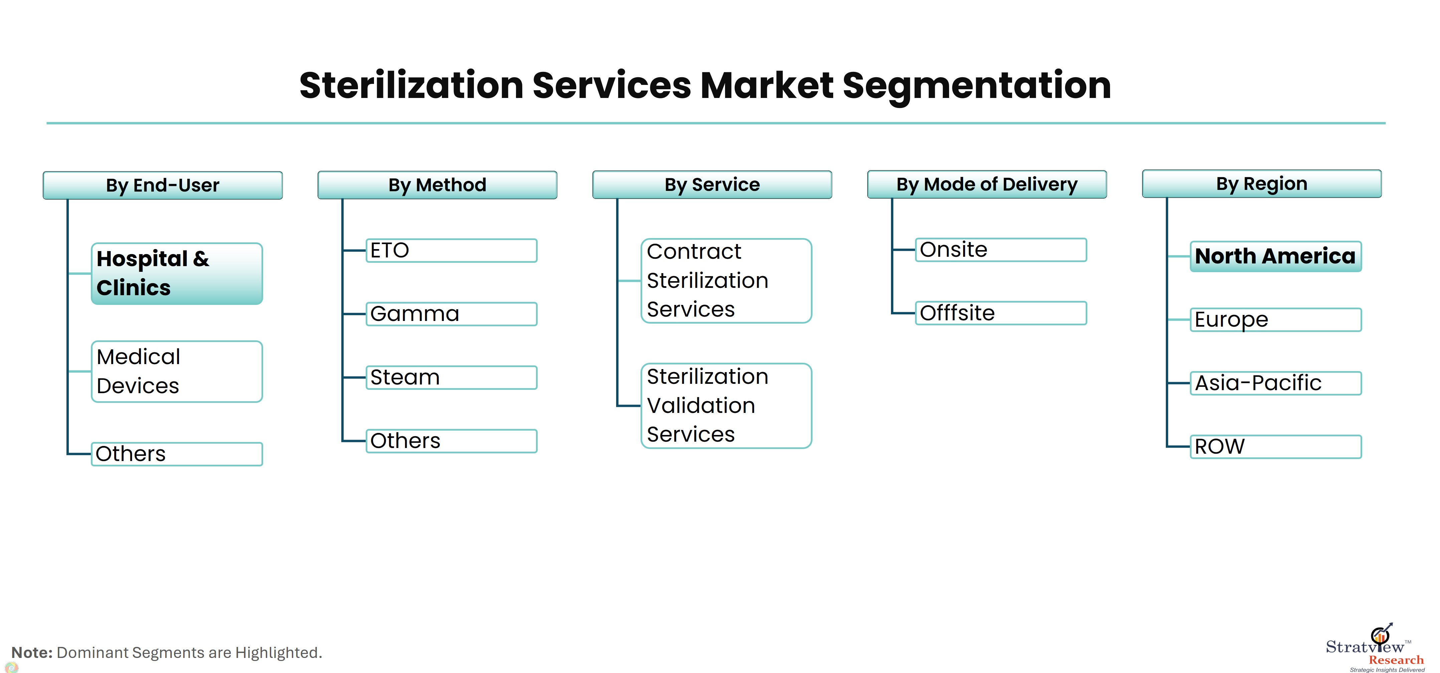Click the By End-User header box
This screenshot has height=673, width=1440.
(163, 185)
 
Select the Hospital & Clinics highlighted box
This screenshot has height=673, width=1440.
(177, 273)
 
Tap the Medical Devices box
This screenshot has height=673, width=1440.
(177, 371)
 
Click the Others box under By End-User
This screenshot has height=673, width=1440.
(177, 454)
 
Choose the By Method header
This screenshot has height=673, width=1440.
(437, 185)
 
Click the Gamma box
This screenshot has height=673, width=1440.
(451, 314)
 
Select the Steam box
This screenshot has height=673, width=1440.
(451, 377)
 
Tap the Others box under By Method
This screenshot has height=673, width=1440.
(451, 441)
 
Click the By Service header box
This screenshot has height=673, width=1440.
(712, 185)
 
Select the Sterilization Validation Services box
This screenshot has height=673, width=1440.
(726, 406)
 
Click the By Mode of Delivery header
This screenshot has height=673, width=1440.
(986, 184)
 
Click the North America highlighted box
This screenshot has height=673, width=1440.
(1276, 256)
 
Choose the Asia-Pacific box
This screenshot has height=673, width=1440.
(1276, 383)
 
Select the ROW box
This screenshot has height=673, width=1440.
(1276, 446)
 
